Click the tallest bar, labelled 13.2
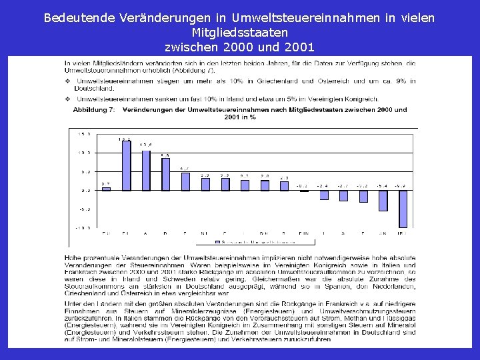(126, 165)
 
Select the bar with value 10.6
(146, 170)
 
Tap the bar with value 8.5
(165, 174)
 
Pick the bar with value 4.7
(185, 181)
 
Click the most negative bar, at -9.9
(403, 209)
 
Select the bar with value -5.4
(383, 201)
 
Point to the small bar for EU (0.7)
(106, 189)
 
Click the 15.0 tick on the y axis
(84, 133)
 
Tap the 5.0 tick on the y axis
(85, 171)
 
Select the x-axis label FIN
(304, 233)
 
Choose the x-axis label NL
(205, 233)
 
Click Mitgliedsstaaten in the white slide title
(239, 32)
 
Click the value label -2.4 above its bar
(323, 185)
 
